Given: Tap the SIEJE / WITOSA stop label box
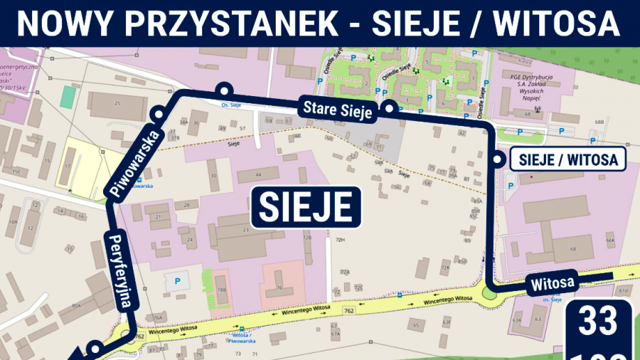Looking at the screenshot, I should (568, 159).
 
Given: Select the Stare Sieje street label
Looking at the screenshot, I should (338, 110).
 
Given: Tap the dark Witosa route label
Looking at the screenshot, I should (552, 283).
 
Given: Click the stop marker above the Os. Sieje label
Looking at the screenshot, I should (225, 90).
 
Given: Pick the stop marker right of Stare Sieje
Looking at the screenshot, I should (389, 109).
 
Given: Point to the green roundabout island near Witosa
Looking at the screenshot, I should (489, 292).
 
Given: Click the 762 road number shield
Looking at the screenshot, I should (348, 310).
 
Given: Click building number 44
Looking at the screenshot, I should (258, 174).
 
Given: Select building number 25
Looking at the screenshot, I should (117, 104).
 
